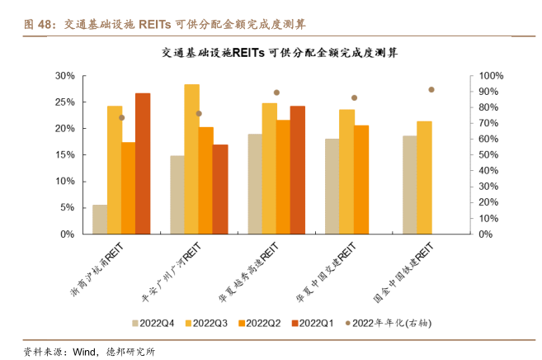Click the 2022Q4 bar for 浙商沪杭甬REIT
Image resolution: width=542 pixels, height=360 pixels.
point(100,219)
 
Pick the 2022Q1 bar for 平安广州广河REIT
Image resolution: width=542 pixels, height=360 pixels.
point(220,189)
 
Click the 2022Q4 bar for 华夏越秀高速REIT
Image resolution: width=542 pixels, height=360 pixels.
point(255,183)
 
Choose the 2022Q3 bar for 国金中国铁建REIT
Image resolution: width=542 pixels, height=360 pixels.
point(424,178)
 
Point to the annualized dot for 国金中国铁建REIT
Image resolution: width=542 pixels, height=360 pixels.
point(431,89)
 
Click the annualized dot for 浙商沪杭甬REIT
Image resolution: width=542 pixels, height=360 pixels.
point(121,117)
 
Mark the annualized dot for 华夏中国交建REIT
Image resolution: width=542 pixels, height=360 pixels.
point(354,97)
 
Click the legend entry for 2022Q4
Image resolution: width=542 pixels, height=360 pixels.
point(157,323)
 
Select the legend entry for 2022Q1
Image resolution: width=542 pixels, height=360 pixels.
point(309,323)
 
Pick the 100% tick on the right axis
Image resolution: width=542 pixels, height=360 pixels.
point(491,76)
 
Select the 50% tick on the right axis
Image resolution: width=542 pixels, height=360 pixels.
point(488,155)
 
